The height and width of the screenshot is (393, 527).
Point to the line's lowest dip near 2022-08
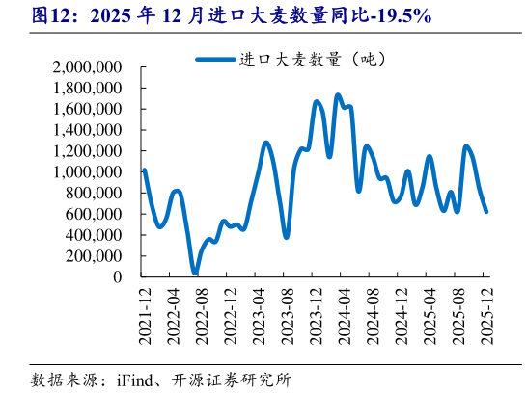[x=195, y=274]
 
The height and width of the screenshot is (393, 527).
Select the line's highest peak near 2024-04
[x=337, y=95]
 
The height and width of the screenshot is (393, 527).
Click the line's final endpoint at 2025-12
[x=485, y=211]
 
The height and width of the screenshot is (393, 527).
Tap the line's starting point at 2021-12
[x=144, y=170]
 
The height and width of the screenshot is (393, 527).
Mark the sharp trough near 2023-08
[x=286, y=236]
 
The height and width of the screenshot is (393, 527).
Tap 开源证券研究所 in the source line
[x=238, y=379]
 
